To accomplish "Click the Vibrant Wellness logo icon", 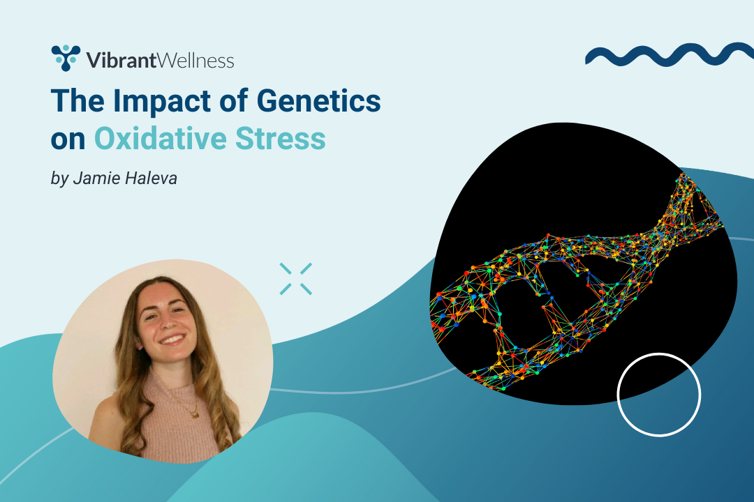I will tap(66, 58).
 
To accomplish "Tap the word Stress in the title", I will tap(290, 138).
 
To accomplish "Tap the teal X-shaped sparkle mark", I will tap(295, 278).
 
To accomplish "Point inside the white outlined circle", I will tap(658, 395).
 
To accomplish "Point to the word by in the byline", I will tap(59, 179).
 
